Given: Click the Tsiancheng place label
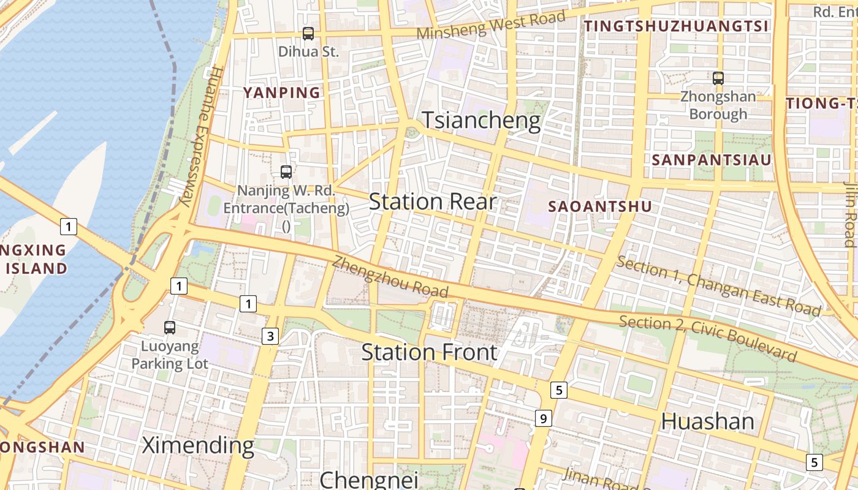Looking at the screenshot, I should (x=482, y=121).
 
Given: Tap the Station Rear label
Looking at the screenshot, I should (x=432, y=202).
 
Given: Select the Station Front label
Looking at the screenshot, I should (x=429, y=352).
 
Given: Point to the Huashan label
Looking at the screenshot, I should (x=708, y=421).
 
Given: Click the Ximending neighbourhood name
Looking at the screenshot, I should (x=198, y=445).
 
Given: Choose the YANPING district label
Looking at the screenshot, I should (x=282, y=92).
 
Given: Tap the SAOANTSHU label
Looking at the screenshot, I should (x=600, y=206).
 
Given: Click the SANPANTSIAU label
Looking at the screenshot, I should (x=711, y=160).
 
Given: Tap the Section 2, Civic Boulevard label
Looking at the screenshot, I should (x=708, y=338).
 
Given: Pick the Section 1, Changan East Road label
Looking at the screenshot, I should (x=718, y=286).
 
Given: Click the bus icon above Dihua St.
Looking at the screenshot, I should (x=308, y=34).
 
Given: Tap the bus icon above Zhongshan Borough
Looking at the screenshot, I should (x=718, y=78).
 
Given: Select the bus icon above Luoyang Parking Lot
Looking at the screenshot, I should (x=170, y=328).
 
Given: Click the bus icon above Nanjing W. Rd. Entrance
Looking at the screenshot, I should (x=286, y=172).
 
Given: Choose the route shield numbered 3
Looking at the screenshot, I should (x=270, y=336).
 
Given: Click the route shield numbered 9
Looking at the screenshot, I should (x=543, y=418).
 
